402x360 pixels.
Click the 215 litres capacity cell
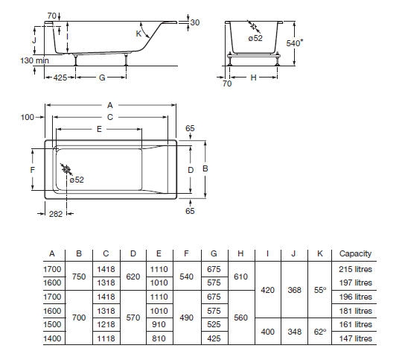(x=355, y=269)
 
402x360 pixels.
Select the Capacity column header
(x=355, y=253)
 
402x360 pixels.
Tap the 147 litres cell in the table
(x=355, y=338)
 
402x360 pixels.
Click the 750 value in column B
(x=79, y=277)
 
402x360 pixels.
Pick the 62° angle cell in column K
(x=320, y=332)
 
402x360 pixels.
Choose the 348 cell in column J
(x=294, y=332)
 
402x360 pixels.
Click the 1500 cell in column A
(x=52, y=324)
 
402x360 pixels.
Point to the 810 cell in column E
(x=159, y=338)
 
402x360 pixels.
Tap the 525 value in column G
(x=214, y=324)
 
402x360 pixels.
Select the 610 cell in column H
(x=240, y=277)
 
